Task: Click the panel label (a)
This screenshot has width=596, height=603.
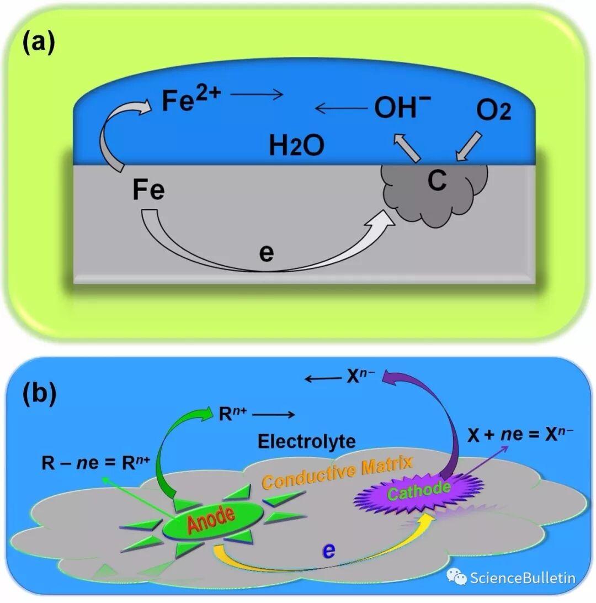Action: pyautogui.click(x=39, y=43)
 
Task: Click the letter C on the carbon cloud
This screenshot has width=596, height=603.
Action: pyautogui.click(x=437, y=181)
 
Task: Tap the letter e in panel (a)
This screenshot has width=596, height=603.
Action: pyautogui.click(x=266, y=255)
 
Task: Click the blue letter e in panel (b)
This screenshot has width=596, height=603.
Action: pyautogui.click(x=329, y=550)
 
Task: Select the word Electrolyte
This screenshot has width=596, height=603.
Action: pyautogui.click(x=307, y=441)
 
